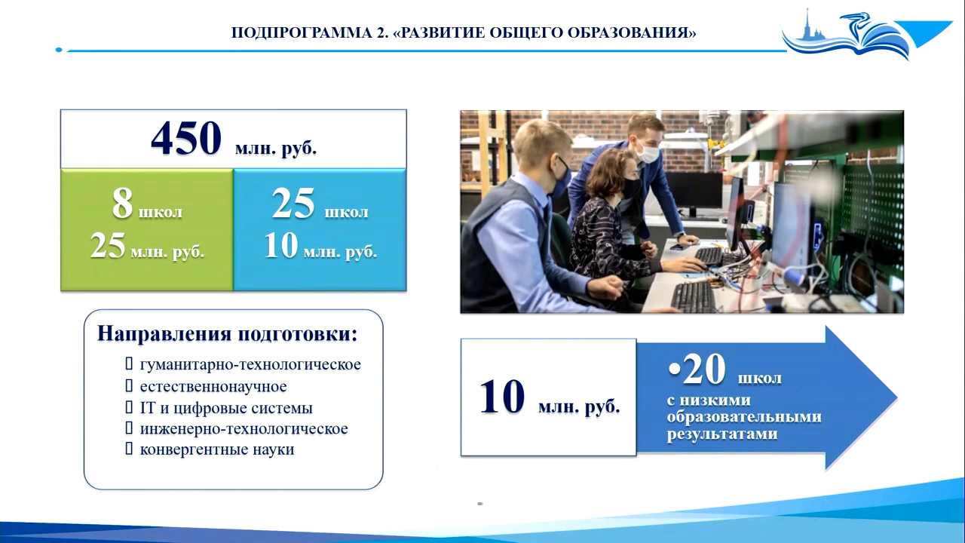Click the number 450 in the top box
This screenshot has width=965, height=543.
(186, 138)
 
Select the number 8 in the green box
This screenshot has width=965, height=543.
(122, 204)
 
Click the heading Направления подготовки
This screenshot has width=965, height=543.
(228, 333)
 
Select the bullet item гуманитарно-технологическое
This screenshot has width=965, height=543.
(250, 364)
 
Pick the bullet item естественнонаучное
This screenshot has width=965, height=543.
(213, 386)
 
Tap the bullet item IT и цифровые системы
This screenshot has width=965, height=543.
(226, 408)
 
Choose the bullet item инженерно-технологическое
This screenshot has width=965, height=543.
(244, 429)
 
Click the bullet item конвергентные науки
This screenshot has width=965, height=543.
(217, 449)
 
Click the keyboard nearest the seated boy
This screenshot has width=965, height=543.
(693, 296)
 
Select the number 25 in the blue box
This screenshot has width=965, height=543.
(293, 204)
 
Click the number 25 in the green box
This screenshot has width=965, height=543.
(108, 245)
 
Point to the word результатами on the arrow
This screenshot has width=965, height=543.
(722, 434)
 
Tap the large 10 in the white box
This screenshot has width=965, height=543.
(502, 397)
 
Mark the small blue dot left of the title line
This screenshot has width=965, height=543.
(59, 50)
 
